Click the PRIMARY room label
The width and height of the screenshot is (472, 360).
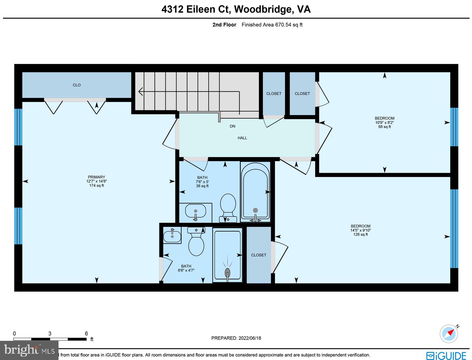point(96,177)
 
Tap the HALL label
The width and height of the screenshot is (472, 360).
point(242,138)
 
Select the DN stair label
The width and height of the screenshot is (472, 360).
point(233,126)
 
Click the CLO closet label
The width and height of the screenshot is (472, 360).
point(77,85)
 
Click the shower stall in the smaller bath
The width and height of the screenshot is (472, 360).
point(227,255)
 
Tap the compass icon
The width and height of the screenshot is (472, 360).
point(449,333)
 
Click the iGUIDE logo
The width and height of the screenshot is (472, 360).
point(446,355)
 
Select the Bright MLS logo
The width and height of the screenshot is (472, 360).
point(29,350)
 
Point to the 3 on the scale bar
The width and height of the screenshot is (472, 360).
point(50,334)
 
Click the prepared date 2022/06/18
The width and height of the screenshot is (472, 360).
point(250,338)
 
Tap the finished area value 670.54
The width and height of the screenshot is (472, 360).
point(283,25)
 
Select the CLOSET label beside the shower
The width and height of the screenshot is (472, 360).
point(259,255)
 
